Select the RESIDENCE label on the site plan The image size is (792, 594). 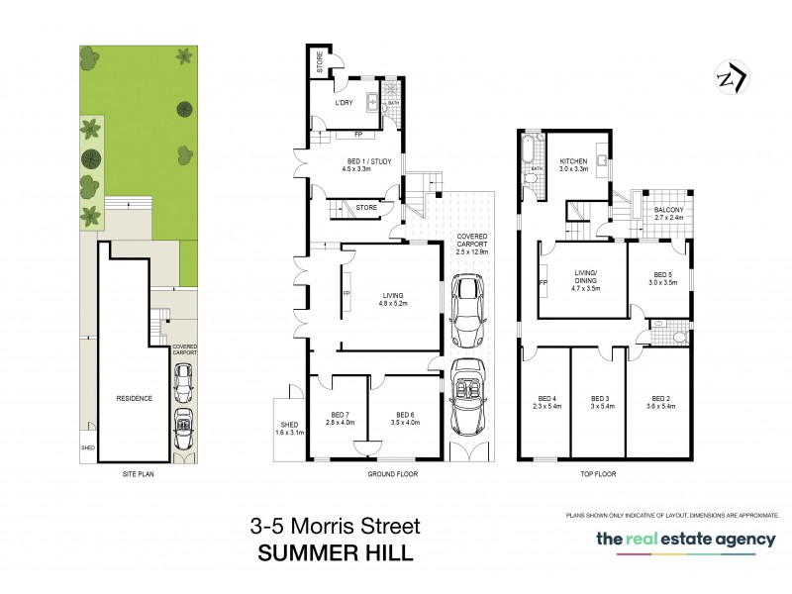click(x=134, y=398)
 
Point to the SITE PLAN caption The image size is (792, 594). click(x=135, y=474)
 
